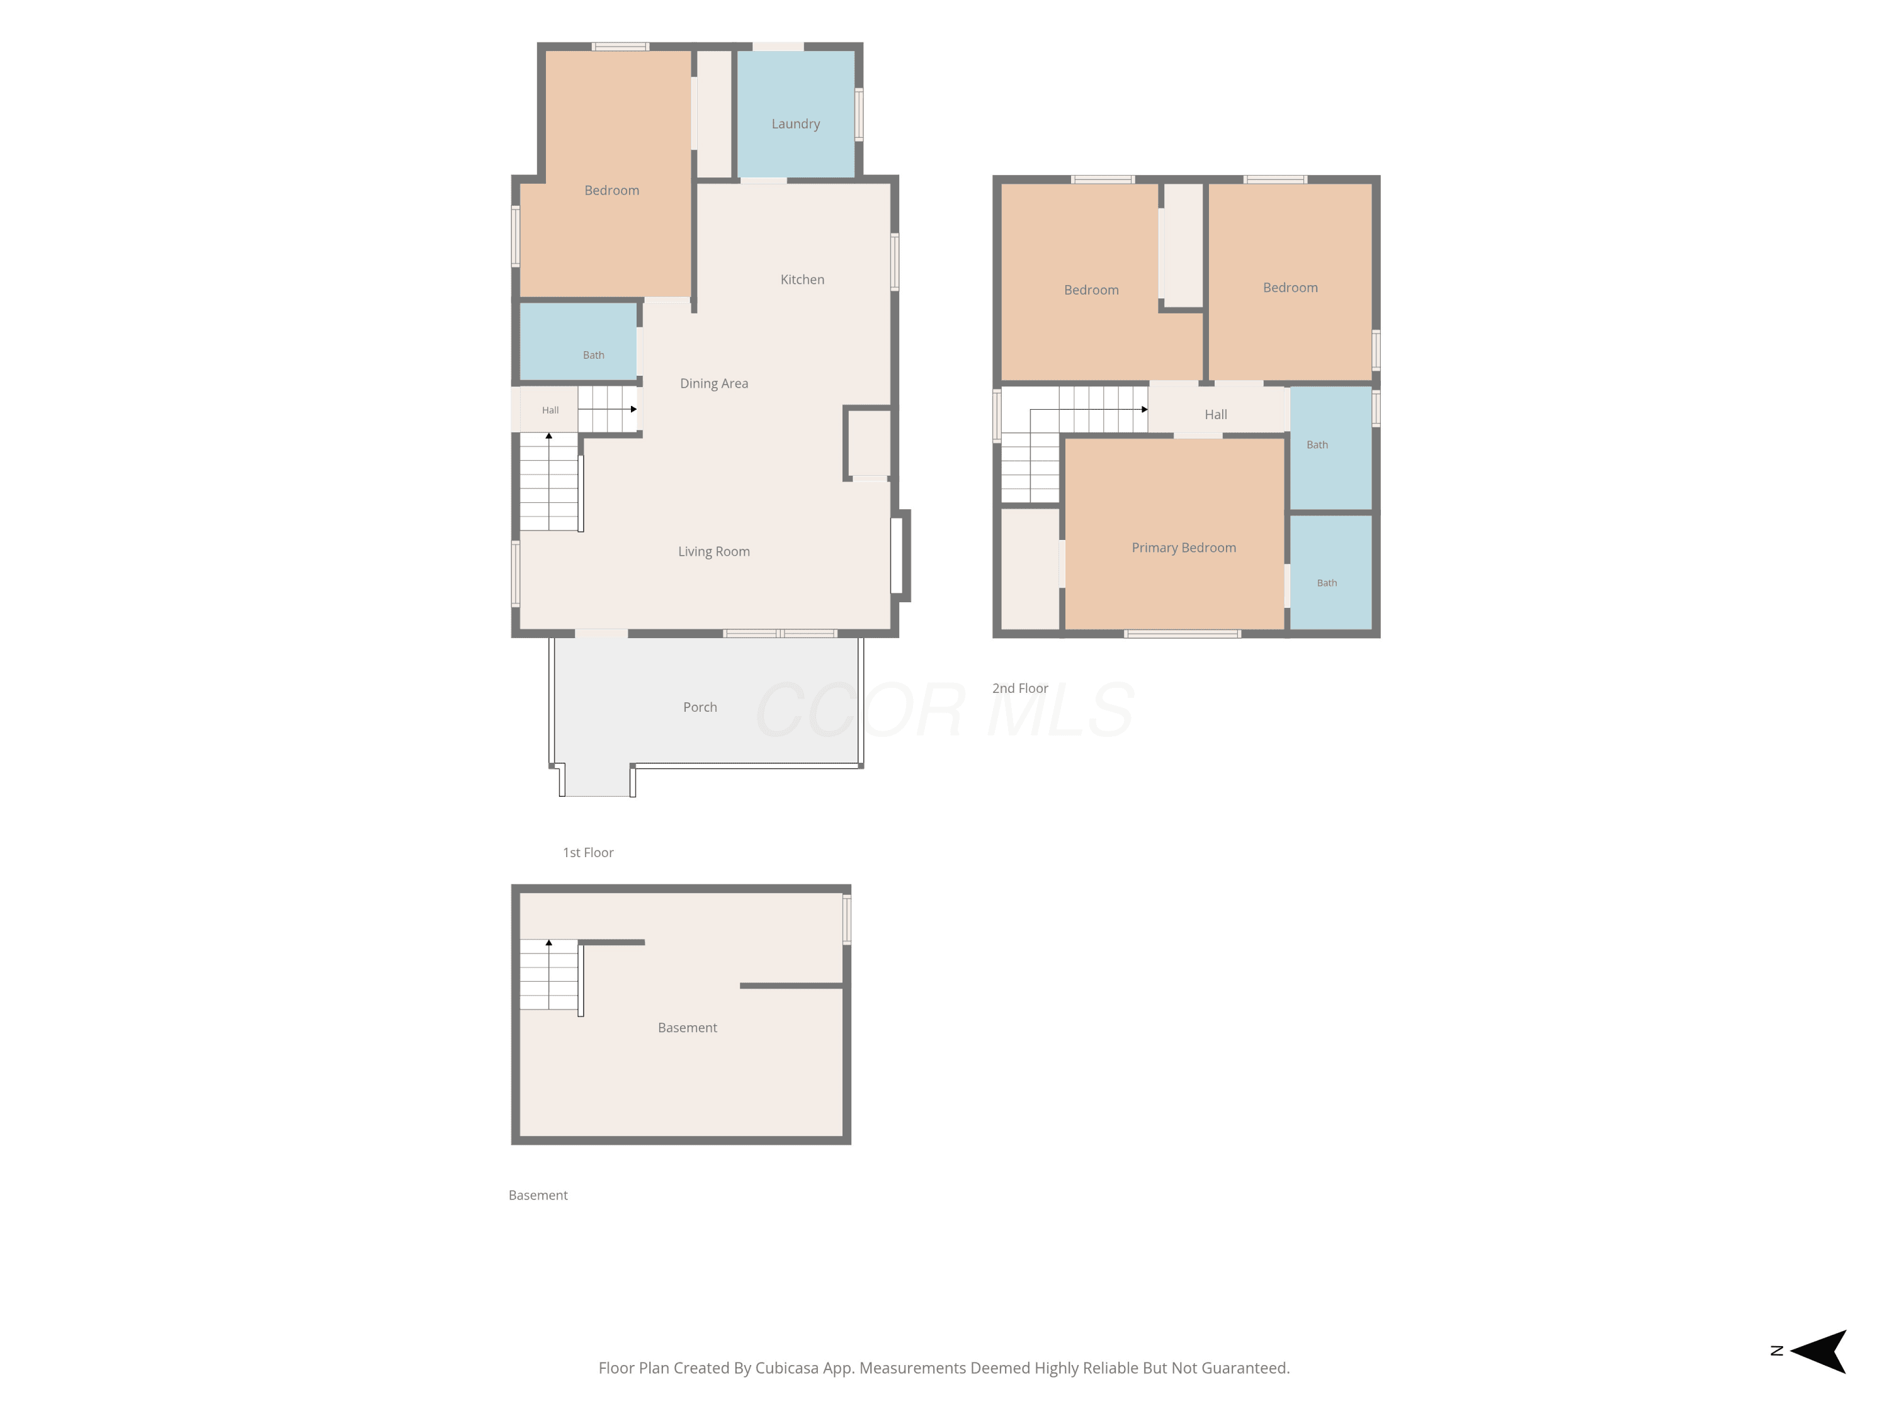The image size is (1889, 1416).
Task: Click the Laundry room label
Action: (795, 124)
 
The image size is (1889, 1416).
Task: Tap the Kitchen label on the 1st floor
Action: (802, 279)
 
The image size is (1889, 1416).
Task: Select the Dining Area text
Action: (714, 384)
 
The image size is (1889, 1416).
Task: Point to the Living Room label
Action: (714, 551)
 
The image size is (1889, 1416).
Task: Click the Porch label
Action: (700, 707)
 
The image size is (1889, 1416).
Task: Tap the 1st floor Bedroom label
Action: (611, 190)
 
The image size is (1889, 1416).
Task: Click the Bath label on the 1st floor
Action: (594, 355)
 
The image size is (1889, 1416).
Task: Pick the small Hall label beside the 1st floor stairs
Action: (550, 410)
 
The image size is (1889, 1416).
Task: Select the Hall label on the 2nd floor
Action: (1215, 415)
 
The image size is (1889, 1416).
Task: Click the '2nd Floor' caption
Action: (1019, 688)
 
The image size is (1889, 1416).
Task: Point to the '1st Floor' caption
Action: (587, 853)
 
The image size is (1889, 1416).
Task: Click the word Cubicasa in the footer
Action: (786, 1368)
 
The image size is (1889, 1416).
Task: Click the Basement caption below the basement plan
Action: (538, 1195)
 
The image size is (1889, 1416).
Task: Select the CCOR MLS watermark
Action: (945, 709)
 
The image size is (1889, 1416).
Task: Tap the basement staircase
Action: (549, 975)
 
